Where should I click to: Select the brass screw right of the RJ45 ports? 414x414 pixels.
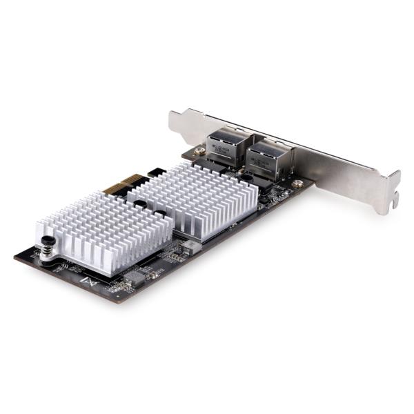tap(297, 184)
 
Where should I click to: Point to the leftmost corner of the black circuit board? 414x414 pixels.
tap(15, 257)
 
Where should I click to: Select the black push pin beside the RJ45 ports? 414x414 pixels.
tap(246, 178)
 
